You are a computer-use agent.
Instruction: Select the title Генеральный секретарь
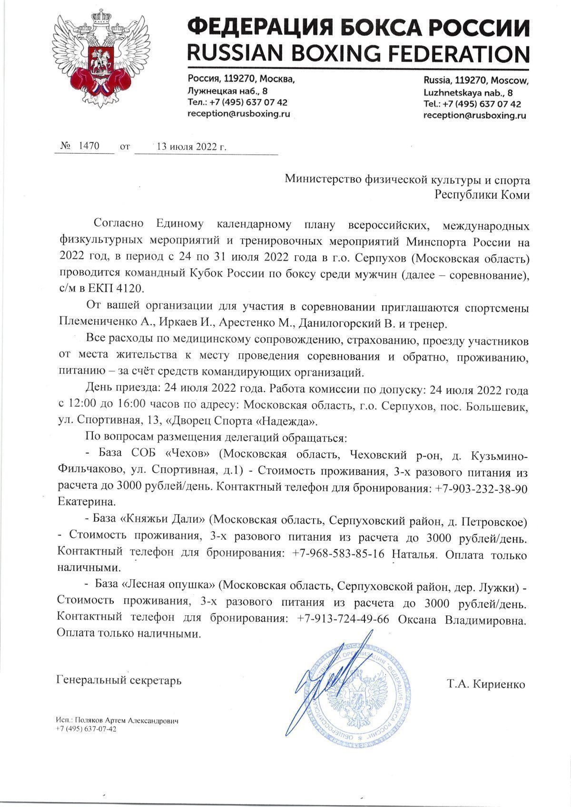point(118,680)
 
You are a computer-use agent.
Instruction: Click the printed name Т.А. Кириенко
point(486,684)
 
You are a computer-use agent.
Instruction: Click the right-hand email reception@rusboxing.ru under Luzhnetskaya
point(474,116)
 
